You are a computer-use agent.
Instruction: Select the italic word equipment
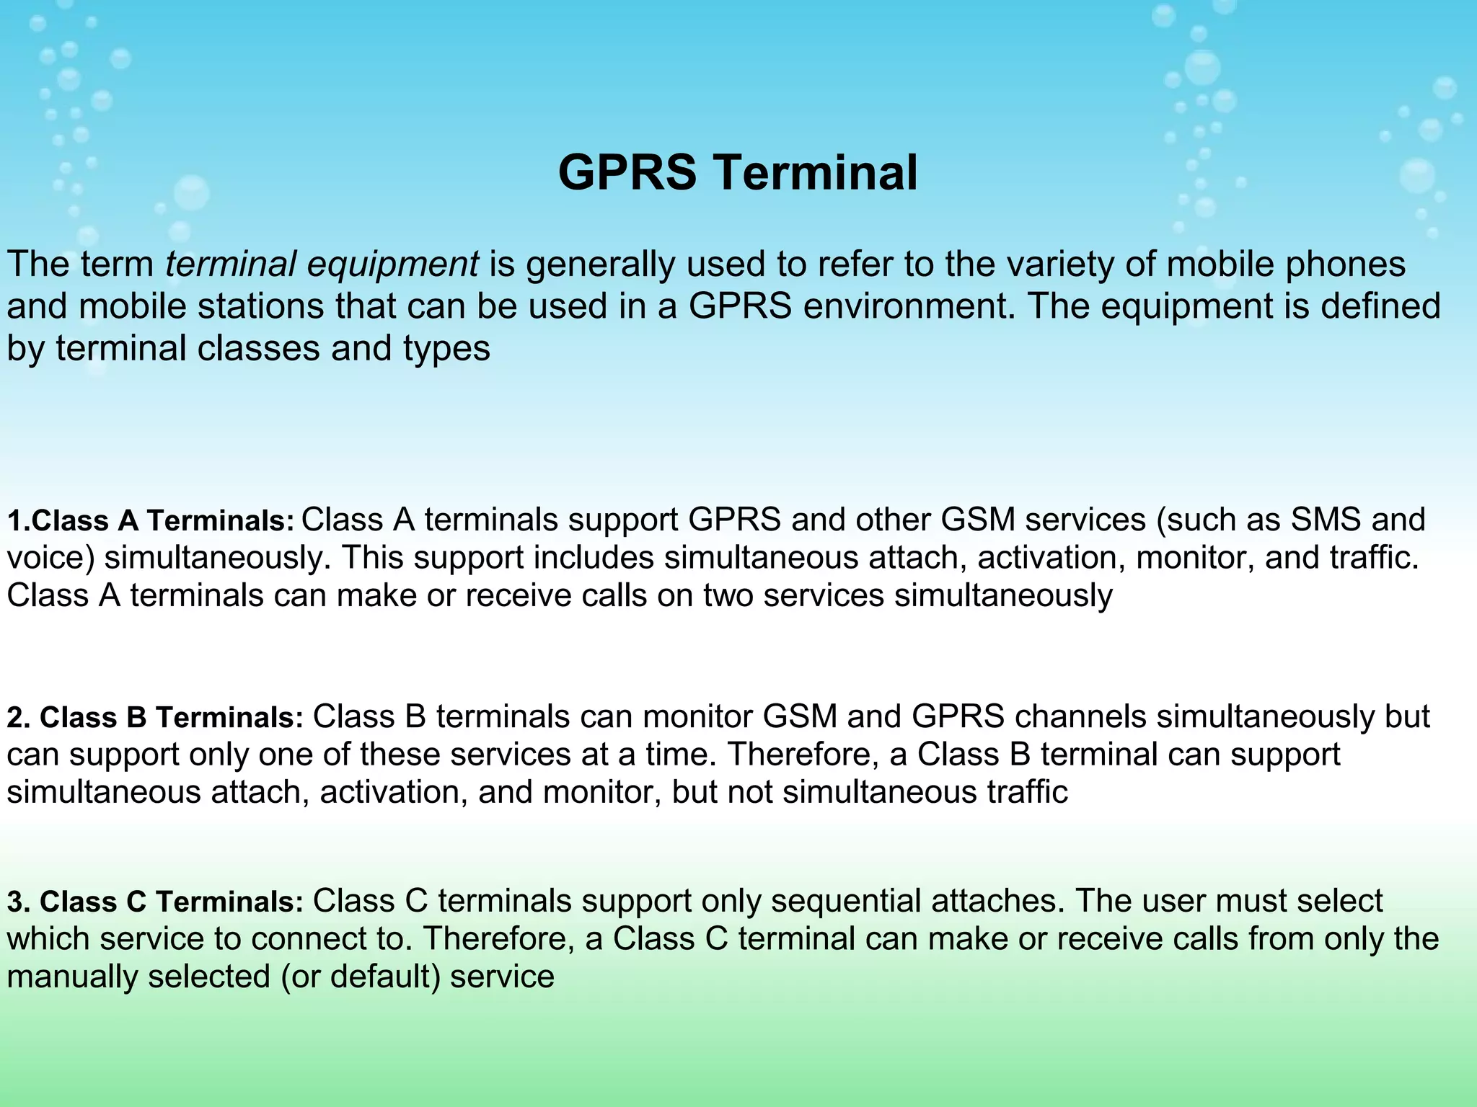click(392, 265)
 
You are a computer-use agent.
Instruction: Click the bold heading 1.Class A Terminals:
click(151, 520)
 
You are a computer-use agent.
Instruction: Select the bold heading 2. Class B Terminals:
click(155, 717)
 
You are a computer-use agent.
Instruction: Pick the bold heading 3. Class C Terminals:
click(155, 902)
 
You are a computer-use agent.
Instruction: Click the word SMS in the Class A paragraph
click(1326, 520)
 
